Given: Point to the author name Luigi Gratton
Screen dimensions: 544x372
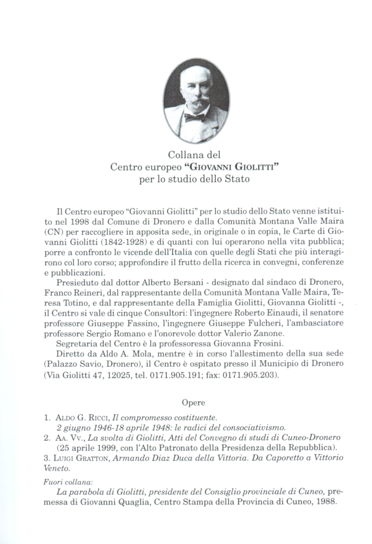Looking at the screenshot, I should [81, 458].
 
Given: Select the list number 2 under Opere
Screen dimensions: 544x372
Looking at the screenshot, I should [46, 438].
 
